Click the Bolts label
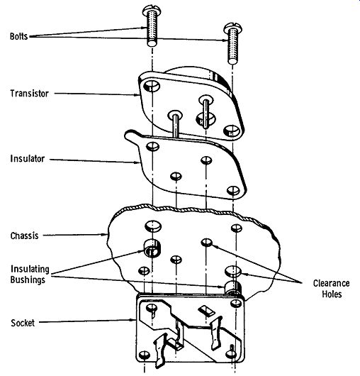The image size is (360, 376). click(x=19, y=36)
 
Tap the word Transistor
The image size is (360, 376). click(x=30, y=93)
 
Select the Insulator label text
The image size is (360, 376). click(x=28, y=159)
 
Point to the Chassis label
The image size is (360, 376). click(x=24, y=236)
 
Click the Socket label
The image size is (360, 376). click(x=23, y=323)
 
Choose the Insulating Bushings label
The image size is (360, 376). click(x=30, y=275)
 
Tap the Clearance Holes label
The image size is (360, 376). click(x=332, y=289)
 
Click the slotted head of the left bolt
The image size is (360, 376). click(x=152, y=11)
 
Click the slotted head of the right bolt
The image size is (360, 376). click(x=232, y=28)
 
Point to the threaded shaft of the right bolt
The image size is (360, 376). click(x=232, y=48)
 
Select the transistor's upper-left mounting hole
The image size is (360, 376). click(x=152, y=86)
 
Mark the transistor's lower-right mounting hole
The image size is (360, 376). click(x=232, y=131)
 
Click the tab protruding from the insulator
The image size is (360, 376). click(x=133, y=138)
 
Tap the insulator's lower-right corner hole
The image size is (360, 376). click(x=233, y=191)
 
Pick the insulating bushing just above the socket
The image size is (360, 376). click(x=233, y=287)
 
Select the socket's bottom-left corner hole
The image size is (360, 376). click(x=145, y=355)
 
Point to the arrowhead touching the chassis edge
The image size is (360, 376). click(x=105, y=234)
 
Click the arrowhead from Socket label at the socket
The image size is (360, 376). click(x=133, y=319)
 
